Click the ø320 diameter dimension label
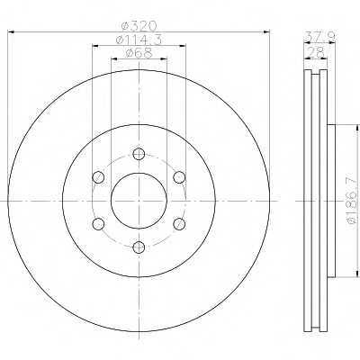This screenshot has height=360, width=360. (x=139, y=26)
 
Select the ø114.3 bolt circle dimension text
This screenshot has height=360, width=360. (x=139, y=40)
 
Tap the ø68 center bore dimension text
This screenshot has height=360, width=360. (x=139, y=53)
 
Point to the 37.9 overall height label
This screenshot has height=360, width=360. (x=319, y=37)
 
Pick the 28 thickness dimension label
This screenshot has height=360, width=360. (x=316, y=53)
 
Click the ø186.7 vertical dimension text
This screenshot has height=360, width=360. (x=353, y=201)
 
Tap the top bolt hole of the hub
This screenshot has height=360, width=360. (x=139, y=154)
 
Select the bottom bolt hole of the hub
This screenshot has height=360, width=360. (x=139, y=247)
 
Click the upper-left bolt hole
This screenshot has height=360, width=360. (x=98, y=177)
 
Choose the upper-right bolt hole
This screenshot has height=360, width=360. (x=179, y=177)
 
